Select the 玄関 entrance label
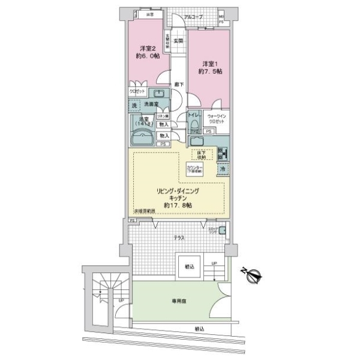click(x=179, y=41)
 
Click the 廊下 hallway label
click(x=178, y=85)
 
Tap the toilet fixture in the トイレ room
click(x=195, y=125)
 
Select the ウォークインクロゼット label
click(x=215, y=119)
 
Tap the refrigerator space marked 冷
click(x=222, y=170)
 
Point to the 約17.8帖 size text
click(x=179, y=205)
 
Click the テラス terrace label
click(x=179, y=238)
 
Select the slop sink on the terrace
click(x=221, y=230)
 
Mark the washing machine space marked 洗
click(x=136, y=106)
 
